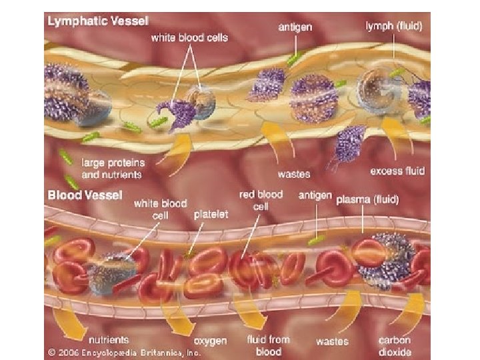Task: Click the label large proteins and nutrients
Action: point(112,167)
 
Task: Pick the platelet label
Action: point(210,215)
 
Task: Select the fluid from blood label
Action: point(269,345)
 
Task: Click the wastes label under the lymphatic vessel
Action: point(294,174)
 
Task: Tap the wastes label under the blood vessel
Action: point(332,342)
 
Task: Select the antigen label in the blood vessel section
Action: point(313,195)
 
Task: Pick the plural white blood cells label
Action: point(189,37)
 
